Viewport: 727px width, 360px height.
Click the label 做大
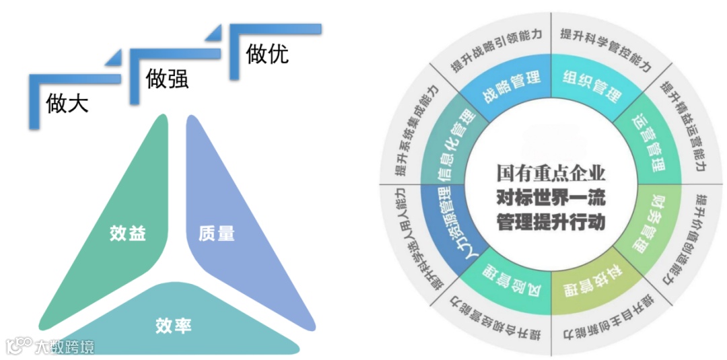pyautogui.click(x=67, y=104)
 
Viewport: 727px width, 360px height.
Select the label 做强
pyautogui.click(x=167, y=79)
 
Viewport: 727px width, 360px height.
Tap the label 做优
pyautogui.click(x=267, y=54)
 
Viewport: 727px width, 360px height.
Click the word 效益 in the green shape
pyautogui.click(x=128, y=233)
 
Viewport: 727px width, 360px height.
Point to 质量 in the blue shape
pyautogui.click(x=217, y=233)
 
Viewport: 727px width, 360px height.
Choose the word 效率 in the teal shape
pyautogui.click(x=173, y=326)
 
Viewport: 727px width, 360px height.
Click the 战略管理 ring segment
pyautogui.click(x=511, y=85)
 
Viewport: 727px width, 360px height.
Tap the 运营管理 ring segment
pyautogui.click(x=648, y=142)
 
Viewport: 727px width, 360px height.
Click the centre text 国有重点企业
pyautogui.click(x=551, y=173)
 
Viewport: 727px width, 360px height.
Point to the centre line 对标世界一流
pyautogui.click(x=551, y=198)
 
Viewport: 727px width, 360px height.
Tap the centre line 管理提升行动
pyautogui.click(x=551, y=221)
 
